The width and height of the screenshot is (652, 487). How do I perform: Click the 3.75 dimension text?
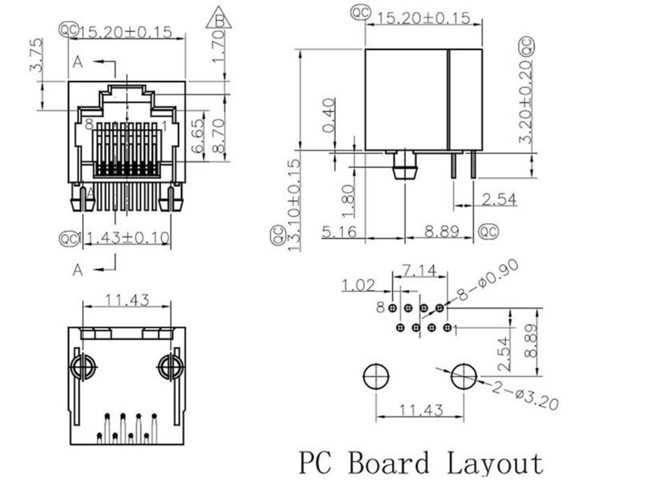(x=36, y=55)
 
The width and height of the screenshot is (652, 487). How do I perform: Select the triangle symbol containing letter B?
(x=219, y=19)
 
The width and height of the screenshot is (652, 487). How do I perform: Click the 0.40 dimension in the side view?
(x=328, y=116)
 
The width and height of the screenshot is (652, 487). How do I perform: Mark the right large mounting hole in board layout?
(x=462, y=377)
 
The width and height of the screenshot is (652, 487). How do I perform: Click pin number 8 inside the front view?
(x=89, y=125)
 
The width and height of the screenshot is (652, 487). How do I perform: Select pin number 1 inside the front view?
(x=164, y=125)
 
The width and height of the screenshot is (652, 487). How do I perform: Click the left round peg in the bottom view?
(x=82, y=367)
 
